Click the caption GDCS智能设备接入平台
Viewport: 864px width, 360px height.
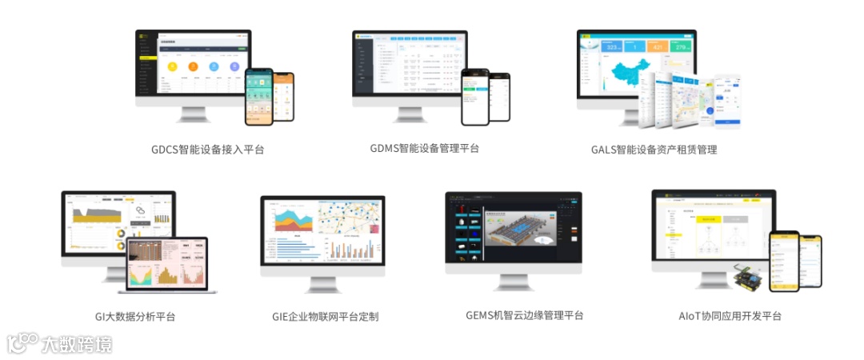[x=207, y=150]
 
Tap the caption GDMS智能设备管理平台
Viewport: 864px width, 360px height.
[x=425, y=148]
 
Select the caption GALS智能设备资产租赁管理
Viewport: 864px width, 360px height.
[x=654, y=150]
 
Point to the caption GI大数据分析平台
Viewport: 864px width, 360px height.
[x=134, y=317]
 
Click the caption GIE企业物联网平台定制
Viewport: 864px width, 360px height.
[x=325, y=317]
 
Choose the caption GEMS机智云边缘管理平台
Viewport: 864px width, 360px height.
[x=524, y=315]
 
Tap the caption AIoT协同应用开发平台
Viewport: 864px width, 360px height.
[x=730, y=316]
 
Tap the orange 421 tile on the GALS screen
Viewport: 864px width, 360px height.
[x=657, y=46]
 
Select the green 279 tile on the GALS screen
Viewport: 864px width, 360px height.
[x=681, y=46]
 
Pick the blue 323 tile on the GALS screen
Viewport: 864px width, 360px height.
[x=610, y=46]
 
